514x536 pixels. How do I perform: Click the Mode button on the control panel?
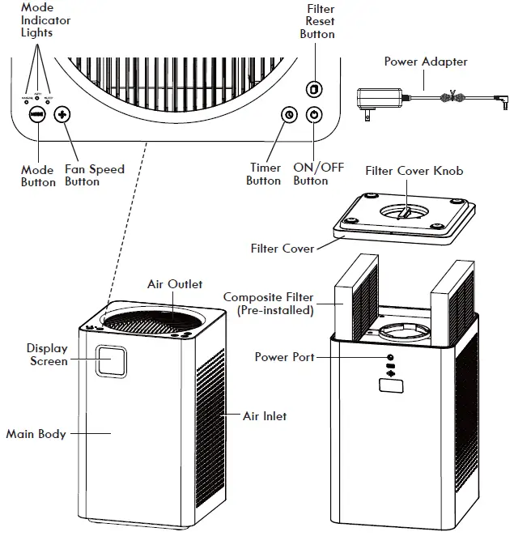tap(36, 115)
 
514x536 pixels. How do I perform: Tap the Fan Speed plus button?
tap(62, 115)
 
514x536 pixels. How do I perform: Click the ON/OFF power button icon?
tap(314, 115)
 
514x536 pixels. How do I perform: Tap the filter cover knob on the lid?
tap(407, 212)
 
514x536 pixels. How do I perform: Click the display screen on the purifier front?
tap(111, 360)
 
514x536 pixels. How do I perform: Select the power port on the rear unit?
tap(390, 357)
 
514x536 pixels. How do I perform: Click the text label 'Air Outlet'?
tap(174, 284)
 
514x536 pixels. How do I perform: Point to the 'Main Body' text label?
tap(36, 434)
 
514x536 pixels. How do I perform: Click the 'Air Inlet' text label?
tap(265, 416)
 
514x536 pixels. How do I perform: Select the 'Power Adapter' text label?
tap(425, 62)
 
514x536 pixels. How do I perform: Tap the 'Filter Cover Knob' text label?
tap(414, 171)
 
